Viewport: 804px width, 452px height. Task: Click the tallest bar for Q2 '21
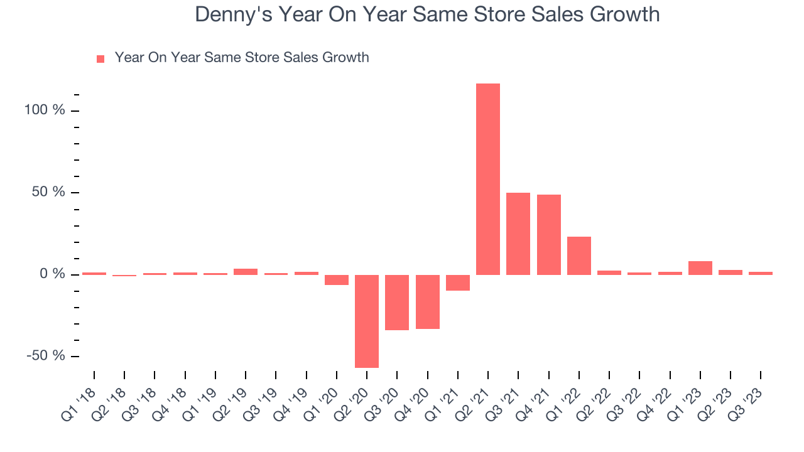488,179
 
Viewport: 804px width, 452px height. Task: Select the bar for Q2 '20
367,321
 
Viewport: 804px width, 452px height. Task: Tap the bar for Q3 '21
518,234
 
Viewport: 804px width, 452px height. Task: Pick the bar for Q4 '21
548,234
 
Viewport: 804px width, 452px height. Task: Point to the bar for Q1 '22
579,256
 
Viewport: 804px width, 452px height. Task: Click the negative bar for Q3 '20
397,302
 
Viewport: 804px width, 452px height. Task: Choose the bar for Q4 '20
427,301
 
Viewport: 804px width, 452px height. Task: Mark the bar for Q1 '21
458,282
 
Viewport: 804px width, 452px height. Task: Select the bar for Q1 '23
700,268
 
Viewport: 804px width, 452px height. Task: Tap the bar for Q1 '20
337,279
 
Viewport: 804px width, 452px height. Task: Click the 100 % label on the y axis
45,110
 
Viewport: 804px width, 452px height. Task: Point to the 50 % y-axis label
49,192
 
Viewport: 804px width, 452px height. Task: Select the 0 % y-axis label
53,274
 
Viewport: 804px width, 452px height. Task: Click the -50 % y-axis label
45,355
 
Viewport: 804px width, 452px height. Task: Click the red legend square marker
100,59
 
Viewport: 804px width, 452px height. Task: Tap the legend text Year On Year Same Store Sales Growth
242,58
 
